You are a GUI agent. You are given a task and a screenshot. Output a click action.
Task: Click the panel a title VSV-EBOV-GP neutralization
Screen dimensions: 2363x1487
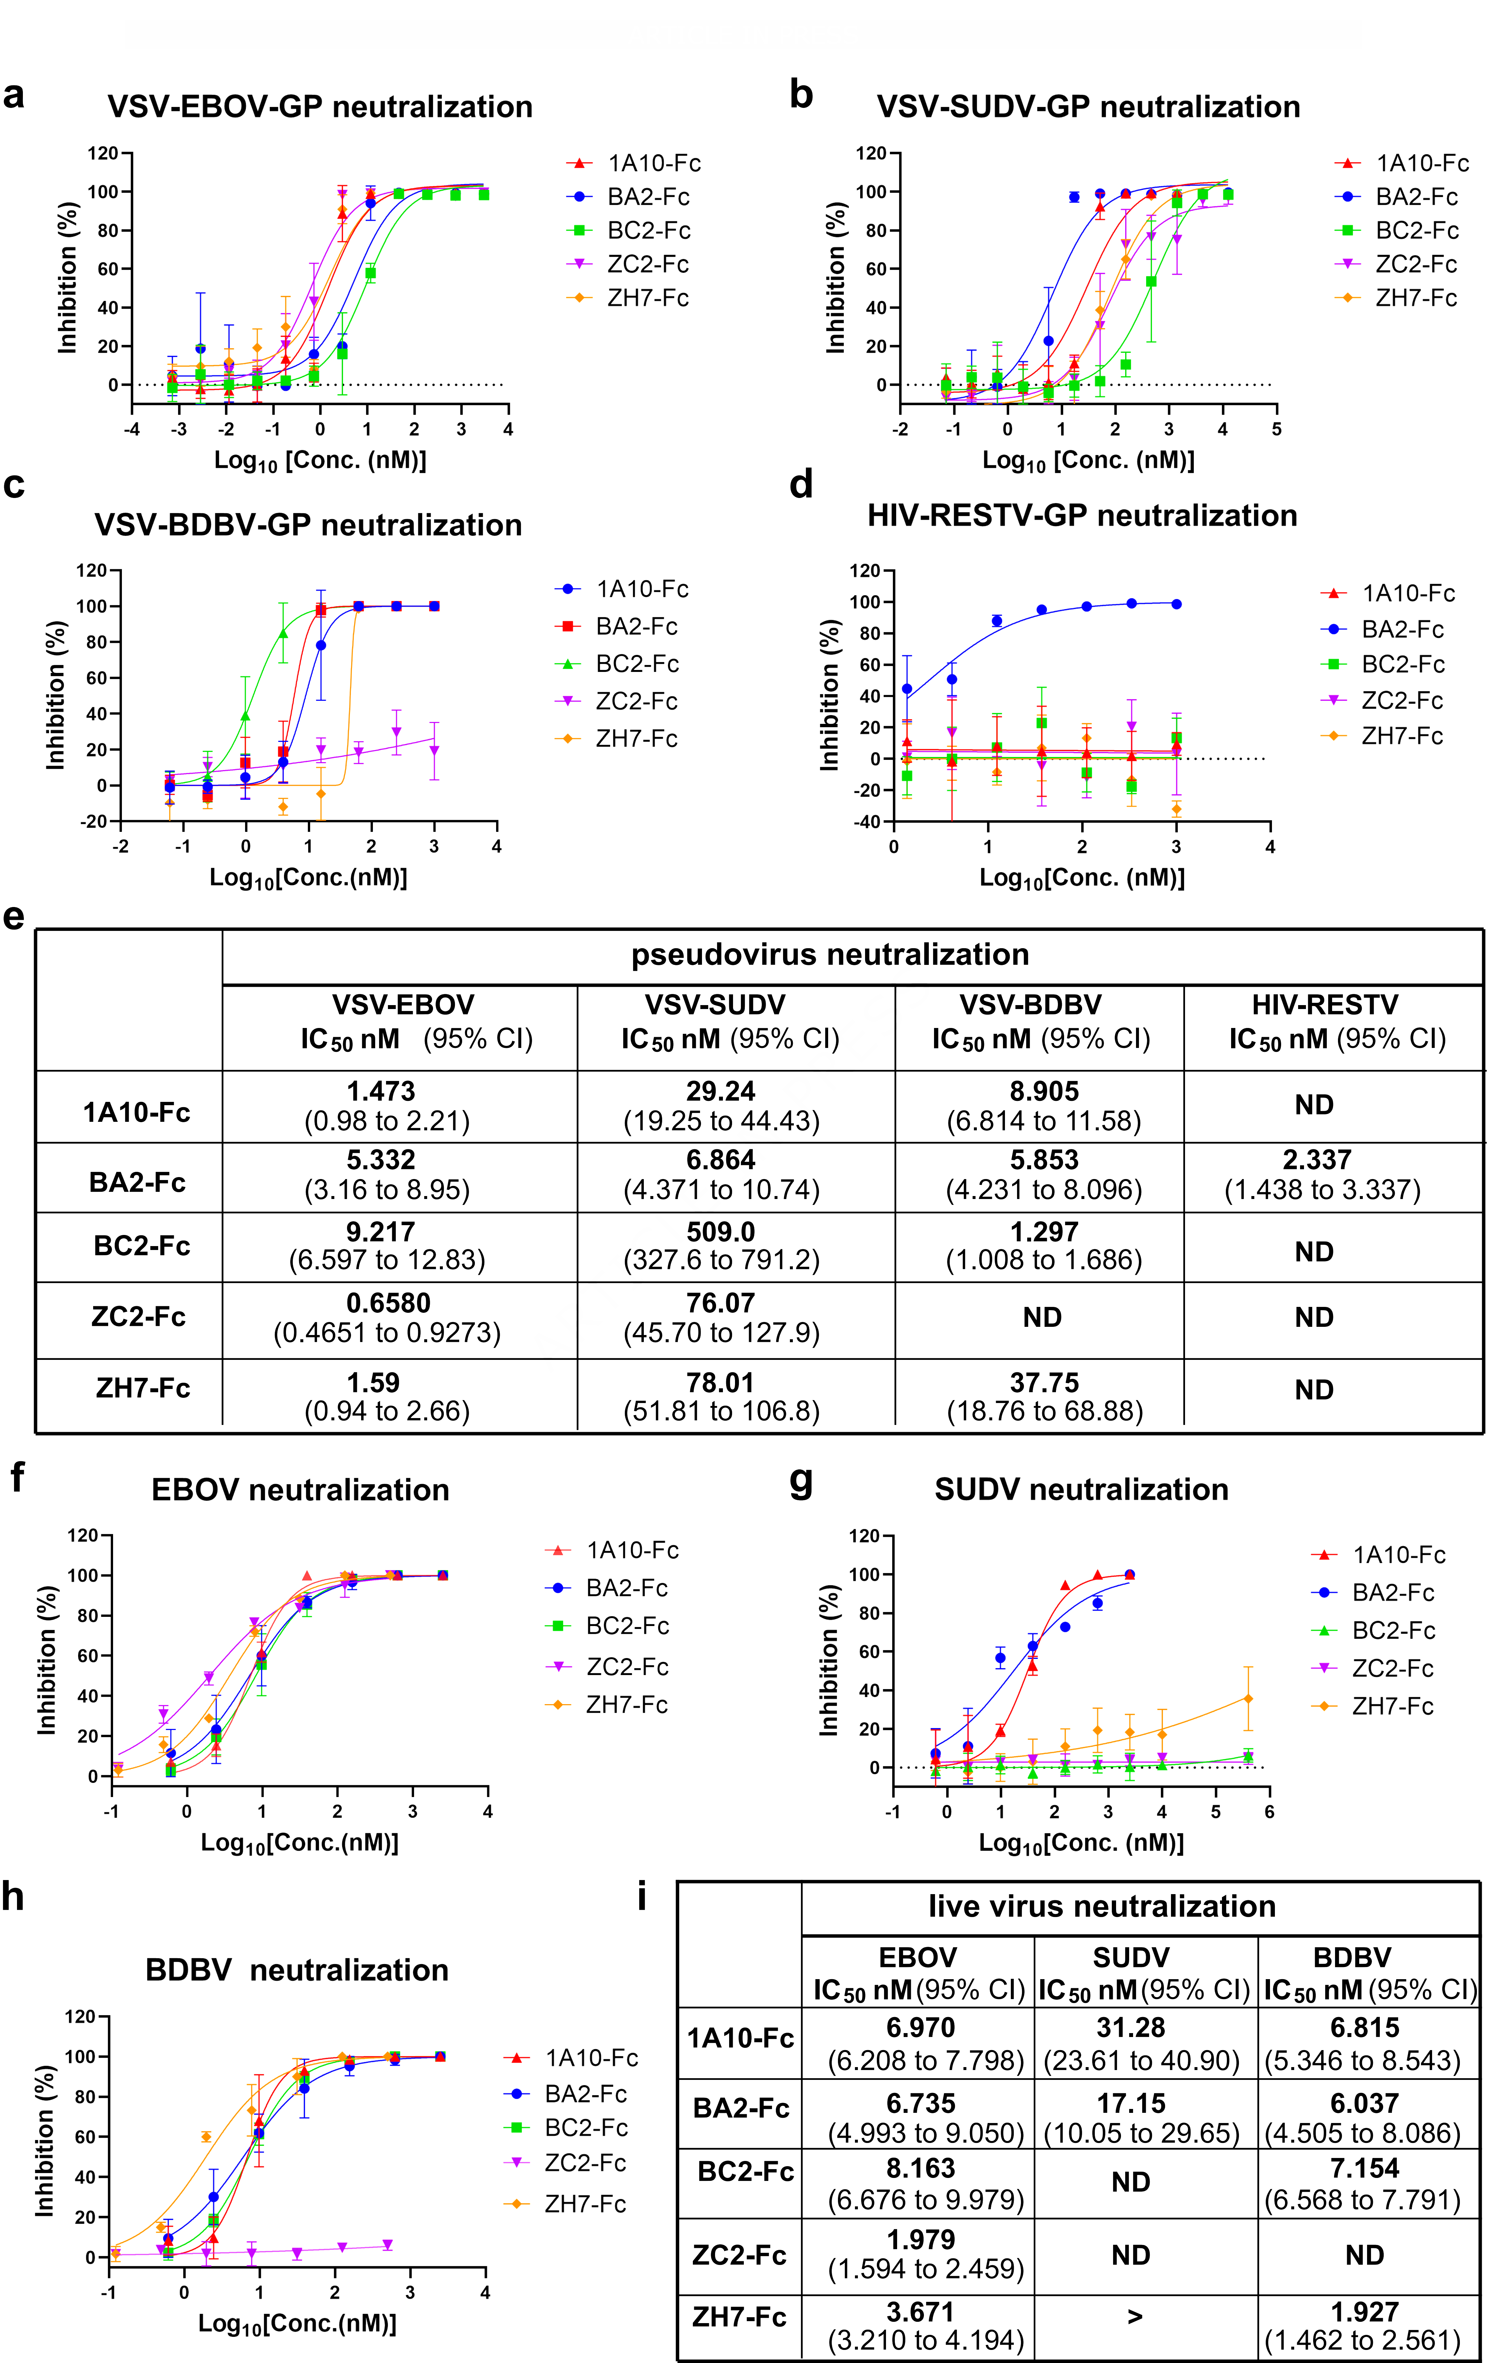coord(320,107)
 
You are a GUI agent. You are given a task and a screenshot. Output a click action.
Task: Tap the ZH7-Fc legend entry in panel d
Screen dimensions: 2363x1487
coord(1401,736)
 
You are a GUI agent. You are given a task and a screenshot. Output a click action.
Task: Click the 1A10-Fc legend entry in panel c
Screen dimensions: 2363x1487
coord(642,589)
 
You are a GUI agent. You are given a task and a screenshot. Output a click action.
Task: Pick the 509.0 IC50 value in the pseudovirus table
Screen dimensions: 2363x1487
coord(721,1232)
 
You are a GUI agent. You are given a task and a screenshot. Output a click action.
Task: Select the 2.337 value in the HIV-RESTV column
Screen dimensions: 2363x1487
coord(1316,1160)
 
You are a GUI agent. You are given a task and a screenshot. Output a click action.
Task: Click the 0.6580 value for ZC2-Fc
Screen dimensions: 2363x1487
coord(389,1303)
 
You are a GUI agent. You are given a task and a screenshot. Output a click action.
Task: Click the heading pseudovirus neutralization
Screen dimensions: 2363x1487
coord(830,955)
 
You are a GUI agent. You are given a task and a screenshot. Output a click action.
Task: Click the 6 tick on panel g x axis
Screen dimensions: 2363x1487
coord(1269,1811)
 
